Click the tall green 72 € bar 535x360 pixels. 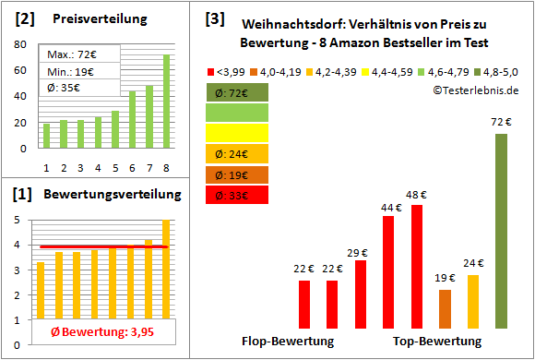[x=501, y=231]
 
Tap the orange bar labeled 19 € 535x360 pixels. [x=446, y=308]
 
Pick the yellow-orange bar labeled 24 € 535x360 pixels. [x=473, y=301]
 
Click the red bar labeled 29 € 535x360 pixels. [x=361, y=294]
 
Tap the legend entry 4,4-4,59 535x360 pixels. [x=389, y=70]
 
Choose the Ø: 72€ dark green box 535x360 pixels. [x=237, y=92]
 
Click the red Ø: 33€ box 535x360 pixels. [x=237, y=194]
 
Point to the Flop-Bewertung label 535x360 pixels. [x=288, y=341]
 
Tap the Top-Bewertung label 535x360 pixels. [x=437, y=341]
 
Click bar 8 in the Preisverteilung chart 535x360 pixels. [x=166, y=102]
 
